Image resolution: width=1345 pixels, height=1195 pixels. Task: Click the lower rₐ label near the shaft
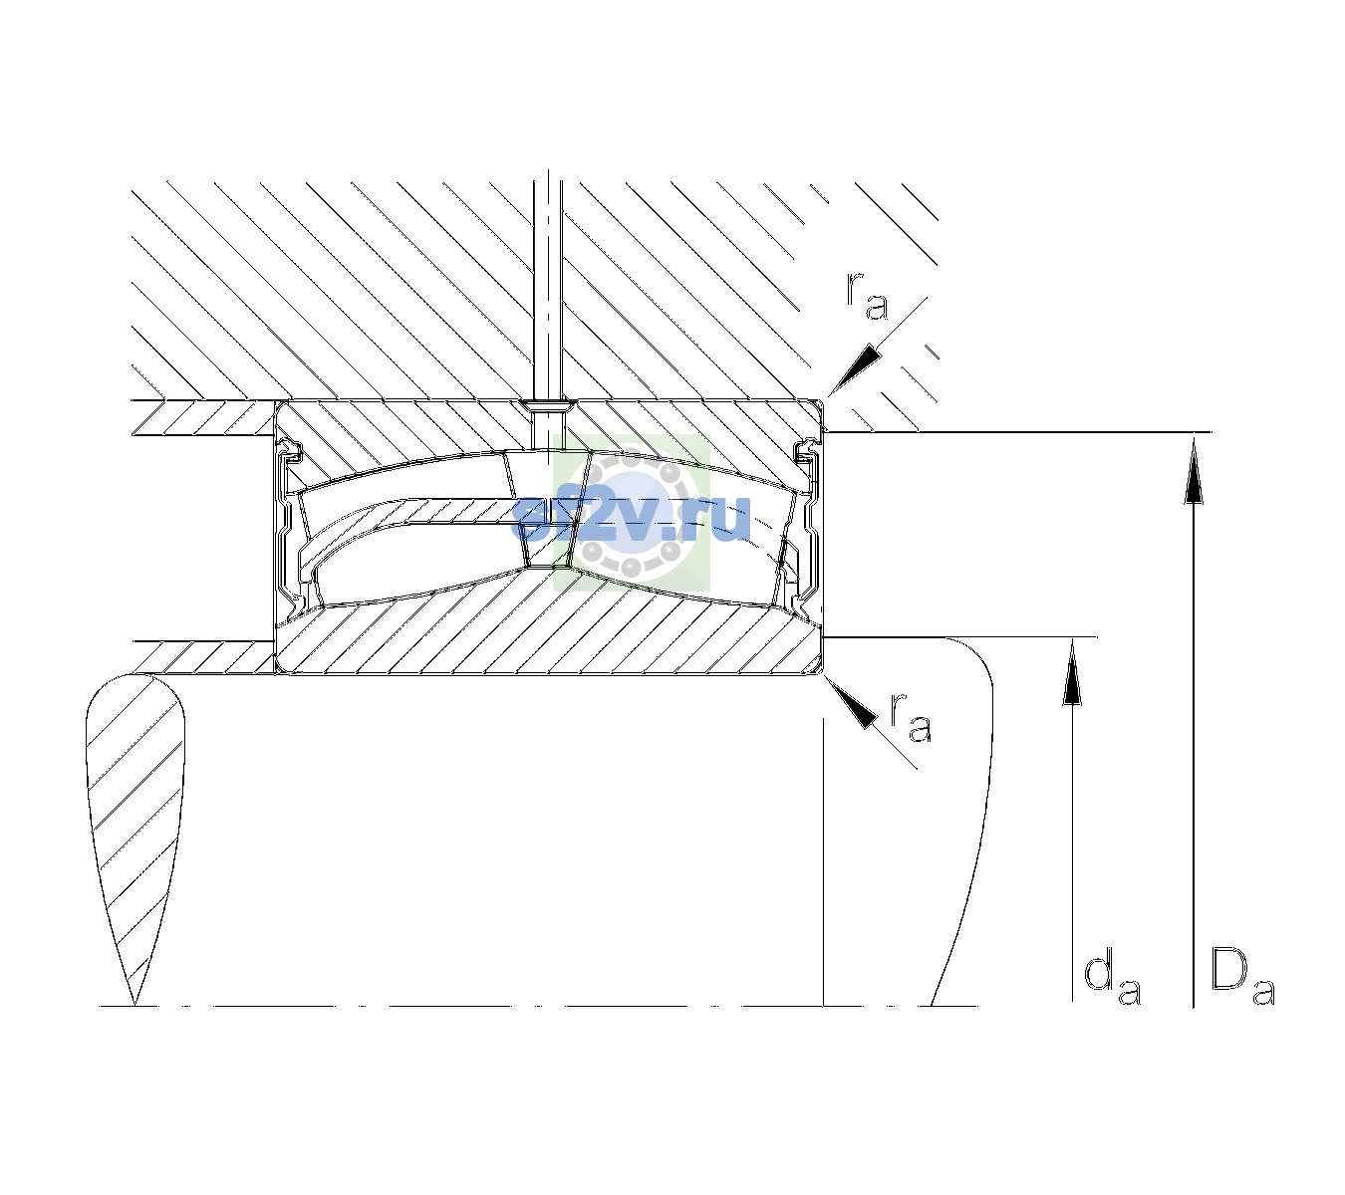[x=911, y=717]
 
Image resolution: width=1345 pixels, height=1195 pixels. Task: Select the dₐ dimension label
[x=1112, y=981]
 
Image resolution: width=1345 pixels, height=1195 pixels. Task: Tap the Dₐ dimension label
[x=1242, y=978]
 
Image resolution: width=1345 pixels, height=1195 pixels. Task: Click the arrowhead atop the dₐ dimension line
[x=1072, y=671]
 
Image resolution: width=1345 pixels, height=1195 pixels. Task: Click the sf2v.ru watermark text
[x=632, y=519]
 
